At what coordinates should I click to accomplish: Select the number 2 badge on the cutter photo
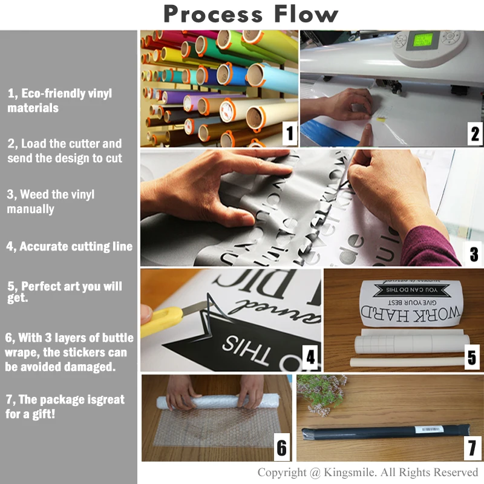tap(474, 133)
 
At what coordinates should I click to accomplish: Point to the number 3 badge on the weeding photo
tap(474, 253)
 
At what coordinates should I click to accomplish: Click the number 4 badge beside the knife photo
tap(310, 358)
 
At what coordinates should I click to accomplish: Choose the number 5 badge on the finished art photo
tap(473, 357)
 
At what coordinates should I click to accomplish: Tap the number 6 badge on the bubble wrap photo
tap(281, 448)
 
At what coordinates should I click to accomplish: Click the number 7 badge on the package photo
tap(473, 449)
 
